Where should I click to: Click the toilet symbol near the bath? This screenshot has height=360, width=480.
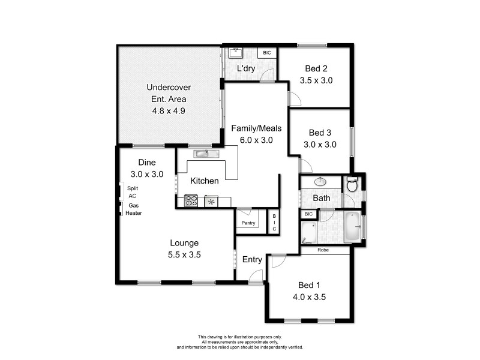click(352, 184)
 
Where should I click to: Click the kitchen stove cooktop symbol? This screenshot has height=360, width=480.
click(191, 201)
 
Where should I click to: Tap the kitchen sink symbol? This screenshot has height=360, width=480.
click(202, 154)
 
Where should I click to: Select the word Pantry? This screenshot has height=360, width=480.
click(248, 223)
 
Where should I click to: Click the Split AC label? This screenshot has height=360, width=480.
click(133, 192)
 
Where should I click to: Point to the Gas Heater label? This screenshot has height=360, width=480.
click(133, 209)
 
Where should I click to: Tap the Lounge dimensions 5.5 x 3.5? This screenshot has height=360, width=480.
click(185, 254)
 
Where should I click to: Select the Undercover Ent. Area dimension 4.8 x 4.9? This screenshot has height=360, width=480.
click(169, 110)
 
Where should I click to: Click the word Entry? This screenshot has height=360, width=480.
click(252, 259)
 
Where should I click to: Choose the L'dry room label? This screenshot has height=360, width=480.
click(246, 68)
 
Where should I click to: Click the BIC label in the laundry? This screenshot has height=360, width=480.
click(267, 53)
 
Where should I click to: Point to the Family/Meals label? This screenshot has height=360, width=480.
click(256, 128)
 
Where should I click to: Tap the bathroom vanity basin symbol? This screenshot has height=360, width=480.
click(320, 181)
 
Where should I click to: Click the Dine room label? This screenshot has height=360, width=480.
click(147, 162)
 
